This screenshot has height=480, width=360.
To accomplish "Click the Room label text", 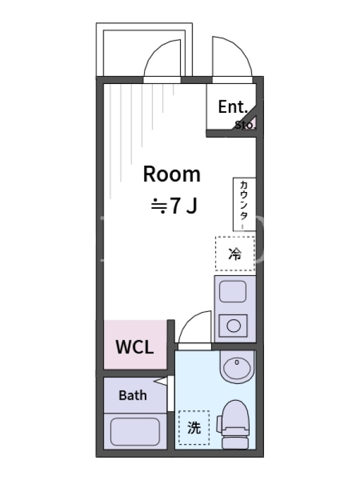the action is pyautogui.click(x=172, y=174).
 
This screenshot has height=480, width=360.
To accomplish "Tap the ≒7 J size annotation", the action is pyautogui.click(x=174, y=205).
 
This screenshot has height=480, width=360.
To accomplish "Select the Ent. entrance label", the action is pyautogui.click(x=233, y=107).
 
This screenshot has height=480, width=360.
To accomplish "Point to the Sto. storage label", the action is pyautogui.click(x=245, y=125).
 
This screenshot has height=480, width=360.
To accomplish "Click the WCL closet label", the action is pyautogui.click(x=134, y=347).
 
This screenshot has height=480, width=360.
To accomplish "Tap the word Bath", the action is pyautogui.click(x=133, y=395).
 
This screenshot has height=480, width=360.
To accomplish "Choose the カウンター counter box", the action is pyautogui.click(x=244, y=204).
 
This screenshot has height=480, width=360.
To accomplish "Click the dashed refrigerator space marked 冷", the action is pyautogui.click(x=235, y=253).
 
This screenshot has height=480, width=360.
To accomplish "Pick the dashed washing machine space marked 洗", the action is pyautogui.click(x=194, y=427).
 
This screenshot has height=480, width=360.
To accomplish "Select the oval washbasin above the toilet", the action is pyautogui.click(x=237, y=367).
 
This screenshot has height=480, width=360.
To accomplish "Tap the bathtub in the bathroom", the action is pyautogui.click(x=135, y=431).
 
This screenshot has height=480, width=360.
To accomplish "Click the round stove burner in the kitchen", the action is pyautogui.click(x=233, y=326).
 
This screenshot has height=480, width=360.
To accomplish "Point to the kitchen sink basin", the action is pyautogui.click(x=233, y=292).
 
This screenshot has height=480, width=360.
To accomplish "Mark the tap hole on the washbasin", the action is pyautogui.click(x=236, y=362).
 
